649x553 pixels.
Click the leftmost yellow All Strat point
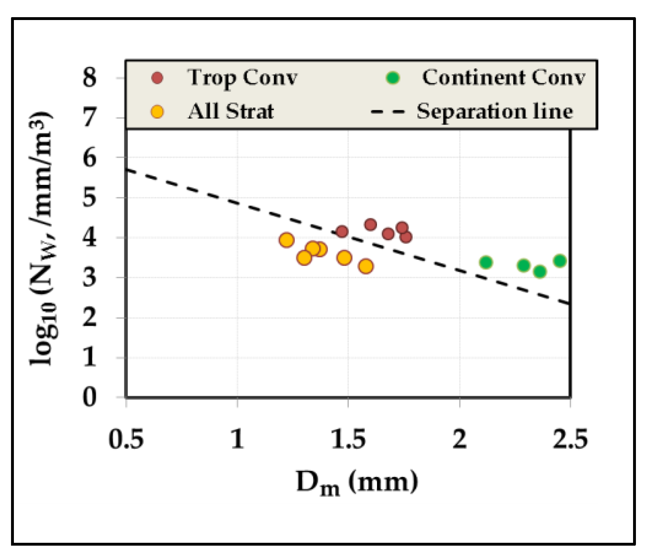287,240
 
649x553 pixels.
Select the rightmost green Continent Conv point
560,261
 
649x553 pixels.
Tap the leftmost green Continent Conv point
486,262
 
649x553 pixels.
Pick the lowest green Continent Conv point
540,271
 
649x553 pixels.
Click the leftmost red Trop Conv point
342,232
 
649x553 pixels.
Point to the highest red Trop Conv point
370,224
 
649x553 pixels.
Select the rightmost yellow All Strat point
366,266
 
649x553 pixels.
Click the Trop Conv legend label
242,78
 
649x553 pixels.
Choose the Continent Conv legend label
503,78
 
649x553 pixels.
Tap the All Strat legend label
231,111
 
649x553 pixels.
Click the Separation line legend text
494,111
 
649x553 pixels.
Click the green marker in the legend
393,78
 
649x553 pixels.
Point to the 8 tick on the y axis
89,78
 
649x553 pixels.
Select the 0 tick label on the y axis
89,397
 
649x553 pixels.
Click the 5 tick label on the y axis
89,197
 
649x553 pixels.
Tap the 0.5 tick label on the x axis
126,439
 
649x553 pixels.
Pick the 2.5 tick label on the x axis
570,439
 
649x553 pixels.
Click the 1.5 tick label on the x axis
348,439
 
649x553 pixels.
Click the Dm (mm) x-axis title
357,482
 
